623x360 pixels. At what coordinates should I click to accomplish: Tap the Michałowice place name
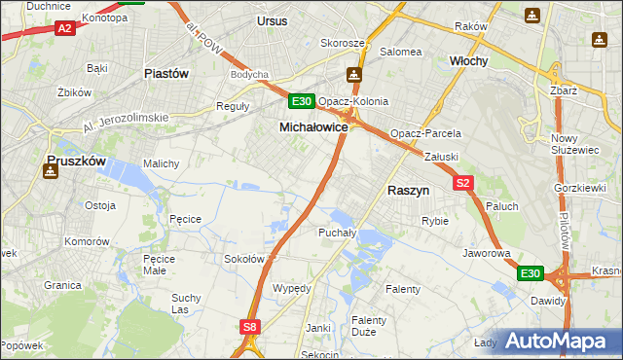pos(313,126)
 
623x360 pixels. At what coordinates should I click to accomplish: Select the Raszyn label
pos(410,192)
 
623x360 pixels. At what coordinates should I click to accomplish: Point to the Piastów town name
pos(165,73)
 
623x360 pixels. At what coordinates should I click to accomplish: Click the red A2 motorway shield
pos(65,28)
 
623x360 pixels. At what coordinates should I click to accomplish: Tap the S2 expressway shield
pos(462,183)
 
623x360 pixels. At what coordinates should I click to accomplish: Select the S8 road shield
pos(250,328)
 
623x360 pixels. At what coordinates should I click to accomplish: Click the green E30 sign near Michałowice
pos(301,101)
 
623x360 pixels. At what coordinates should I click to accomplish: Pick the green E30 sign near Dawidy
pos(529,274)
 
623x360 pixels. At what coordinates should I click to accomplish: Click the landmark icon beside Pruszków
pos(50,171)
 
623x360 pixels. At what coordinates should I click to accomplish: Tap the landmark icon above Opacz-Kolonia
pos(355,75)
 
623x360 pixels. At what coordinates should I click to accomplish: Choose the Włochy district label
pos(468,60)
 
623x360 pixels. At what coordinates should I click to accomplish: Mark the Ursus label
pos(273,20)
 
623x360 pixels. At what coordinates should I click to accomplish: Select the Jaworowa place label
pos(487,253)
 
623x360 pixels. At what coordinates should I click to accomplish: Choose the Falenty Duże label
pos(369,326)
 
